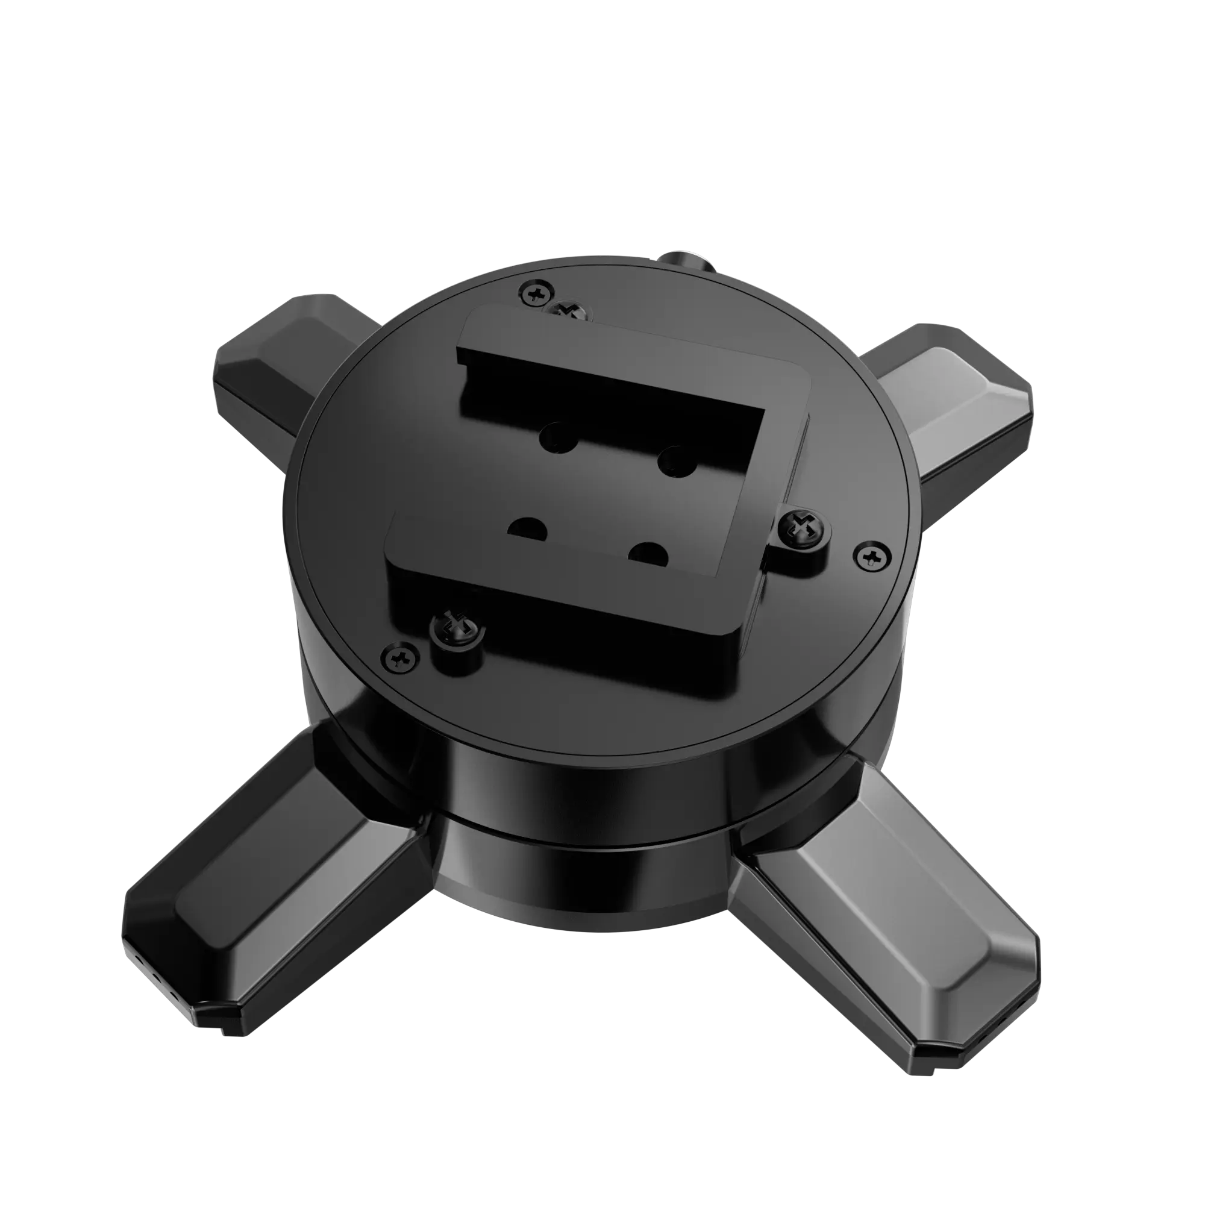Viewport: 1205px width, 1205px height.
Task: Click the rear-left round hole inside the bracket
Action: (559, 437)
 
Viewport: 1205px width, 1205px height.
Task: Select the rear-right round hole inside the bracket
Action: (676, 460)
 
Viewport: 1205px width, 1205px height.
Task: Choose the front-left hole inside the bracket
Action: (527, 529)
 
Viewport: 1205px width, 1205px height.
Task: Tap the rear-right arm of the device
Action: (960, 405)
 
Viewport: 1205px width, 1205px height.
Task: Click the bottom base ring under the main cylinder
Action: (580, 886)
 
